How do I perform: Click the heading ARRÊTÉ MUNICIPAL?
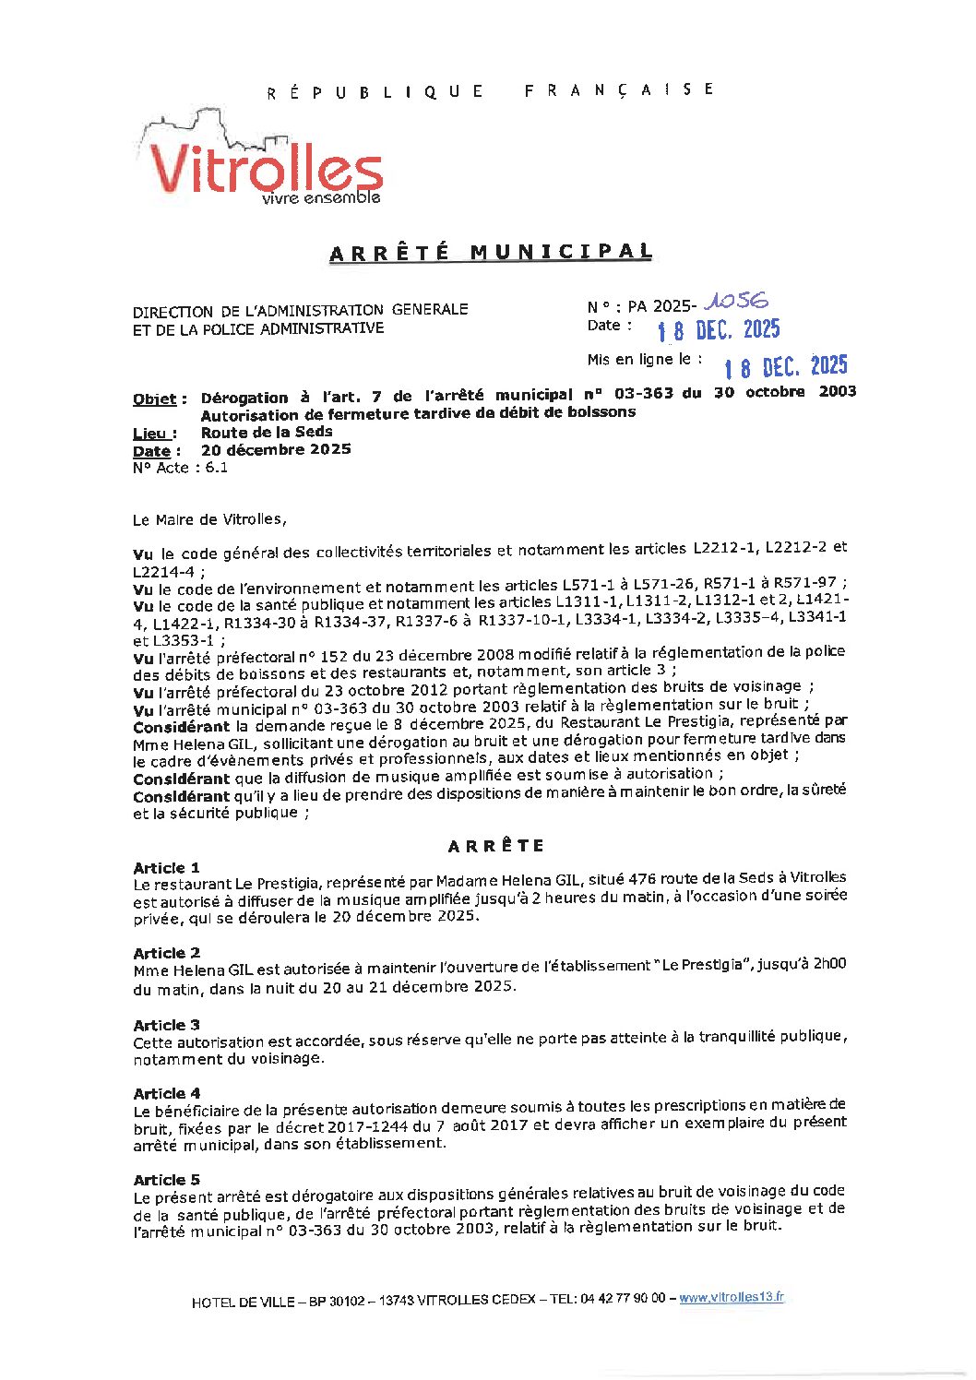coord(491,252)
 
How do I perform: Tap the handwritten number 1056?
coord(736,301)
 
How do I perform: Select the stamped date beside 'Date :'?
coord(719,329)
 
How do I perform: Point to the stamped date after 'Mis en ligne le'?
coord(785,366)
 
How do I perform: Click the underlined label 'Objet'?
coord(155,399)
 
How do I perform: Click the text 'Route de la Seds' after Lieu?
coord(267,432)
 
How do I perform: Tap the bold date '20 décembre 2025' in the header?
coord(276,449)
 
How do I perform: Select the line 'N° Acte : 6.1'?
coord(181,468)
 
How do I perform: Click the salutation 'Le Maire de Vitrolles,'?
coord(209,519)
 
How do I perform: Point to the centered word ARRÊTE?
coord(496,846)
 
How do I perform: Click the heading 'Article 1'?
coord(166,868)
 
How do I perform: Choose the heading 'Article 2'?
coord(166,953)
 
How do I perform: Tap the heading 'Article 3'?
coord(166,1025)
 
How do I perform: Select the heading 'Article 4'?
coord(166,1093)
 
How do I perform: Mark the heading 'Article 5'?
coord(166,1180)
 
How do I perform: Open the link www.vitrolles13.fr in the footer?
coord(732,1297)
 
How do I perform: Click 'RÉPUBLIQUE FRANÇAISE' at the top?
coord(490,90)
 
